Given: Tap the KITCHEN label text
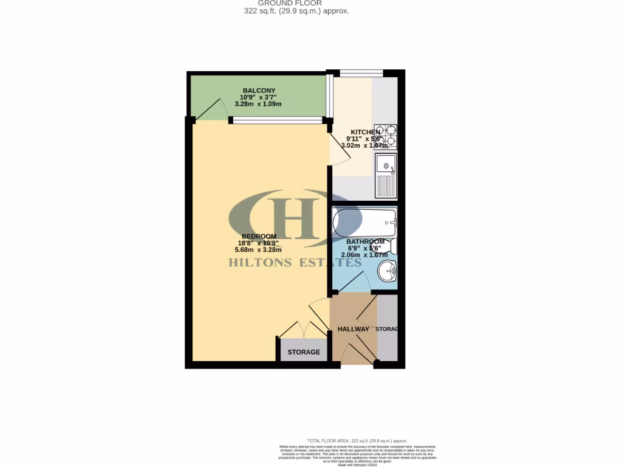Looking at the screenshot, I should click(366, 132).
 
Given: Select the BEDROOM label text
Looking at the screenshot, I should click(259, 237).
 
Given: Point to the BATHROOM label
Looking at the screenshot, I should click(365, 241).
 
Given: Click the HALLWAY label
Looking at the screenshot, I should click(353, 330).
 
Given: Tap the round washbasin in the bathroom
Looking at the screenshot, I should click(386, 271).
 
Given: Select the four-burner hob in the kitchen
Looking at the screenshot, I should click(386, 137).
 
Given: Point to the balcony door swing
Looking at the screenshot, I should click(210, 109).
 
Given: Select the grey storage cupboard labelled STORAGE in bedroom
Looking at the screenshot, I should click(303, 351).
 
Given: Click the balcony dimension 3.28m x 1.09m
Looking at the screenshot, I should click(259, 104).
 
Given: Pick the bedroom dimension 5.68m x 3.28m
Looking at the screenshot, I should click(259, 249).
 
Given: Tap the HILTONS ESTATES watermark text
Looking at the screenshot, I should click(295, 263).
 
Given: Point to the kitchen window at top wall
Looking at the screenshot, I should click(361, 74).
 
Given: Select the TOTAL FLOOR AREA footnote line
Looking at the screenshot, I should click(357, 441).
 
